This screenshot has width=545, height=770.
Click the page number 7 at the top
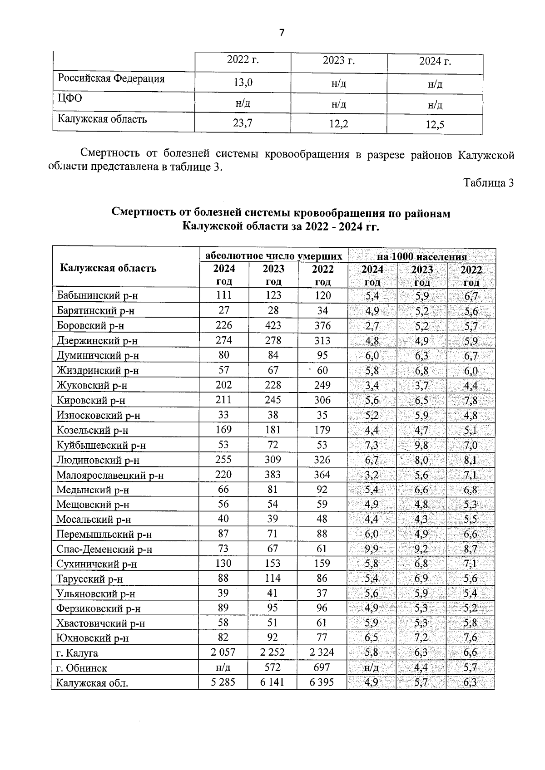click(x=282, y=33)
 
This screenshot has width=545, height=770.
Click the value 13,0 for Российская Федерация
click(x=243, y=83)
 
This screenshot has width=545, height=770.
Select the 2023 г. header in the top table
click(x=338, y=61)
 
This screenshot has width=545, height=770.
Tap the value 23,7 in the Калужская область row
click(x=243, y=123)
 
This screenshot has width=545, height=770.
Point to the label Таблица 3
click(x=488, y=183)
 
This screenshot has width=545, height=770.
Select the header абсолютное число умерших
click(x=273, y=255)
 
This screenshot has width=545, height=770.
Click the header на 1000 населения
click(x=422, y=256)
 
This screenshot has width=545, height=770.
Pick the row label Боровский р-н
click(x=90, y=326)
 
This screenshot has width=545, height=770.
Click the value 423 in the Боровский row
click(x=272, y=325)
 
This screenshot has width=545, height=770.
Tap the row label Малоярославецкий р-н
click(x=110, y=476)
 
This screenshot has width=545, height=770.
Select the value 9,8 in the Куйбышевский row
click(x=421, y=445)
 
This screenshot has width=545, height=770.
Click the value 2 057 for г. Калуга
click(x=223, y=652)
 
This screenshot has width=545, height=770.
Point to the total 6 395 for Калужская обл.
click(x=322, y=682)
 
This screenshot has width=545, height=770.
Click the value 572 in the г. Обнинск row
click(x=272, y=667)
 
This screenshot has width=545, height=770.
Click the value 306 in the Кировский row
click(x=322, y=400)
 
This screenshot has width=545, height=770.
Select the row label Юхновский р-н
click(x=93, y=638)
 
